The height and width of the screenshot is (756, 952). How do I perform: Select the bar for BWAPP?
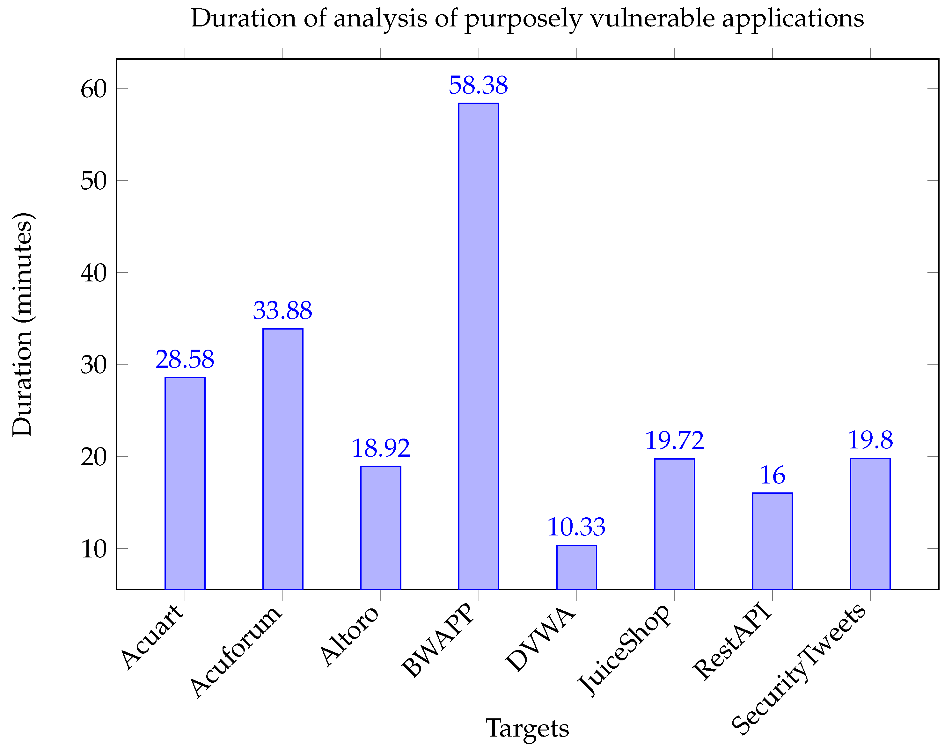pyautogui.click(x=479, y=346)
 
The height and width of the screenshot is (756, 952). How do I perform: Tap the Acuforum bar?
pyautogui.click(x=282, y=459)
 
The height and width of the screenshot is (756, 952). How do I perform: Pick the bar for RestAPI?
pyautogui.click(x=772, y=541)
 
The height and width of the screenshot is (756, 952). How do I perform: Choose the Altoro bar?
pyautogui.click(x=381, y=527)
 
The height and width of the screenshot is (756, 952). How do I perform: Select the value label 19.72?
pyautogui.click(x=674, y=440)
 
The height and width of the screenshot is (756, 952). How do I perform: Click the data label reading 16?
pyautogui.click(x=772, y=475)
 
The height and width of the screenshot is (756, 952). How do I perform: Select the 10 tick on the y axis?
pyautogui.click(x=94, y=549)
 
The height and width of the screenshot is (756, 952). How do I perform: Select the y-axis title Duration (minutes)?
pyautogui.click(x=22, y=324)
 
